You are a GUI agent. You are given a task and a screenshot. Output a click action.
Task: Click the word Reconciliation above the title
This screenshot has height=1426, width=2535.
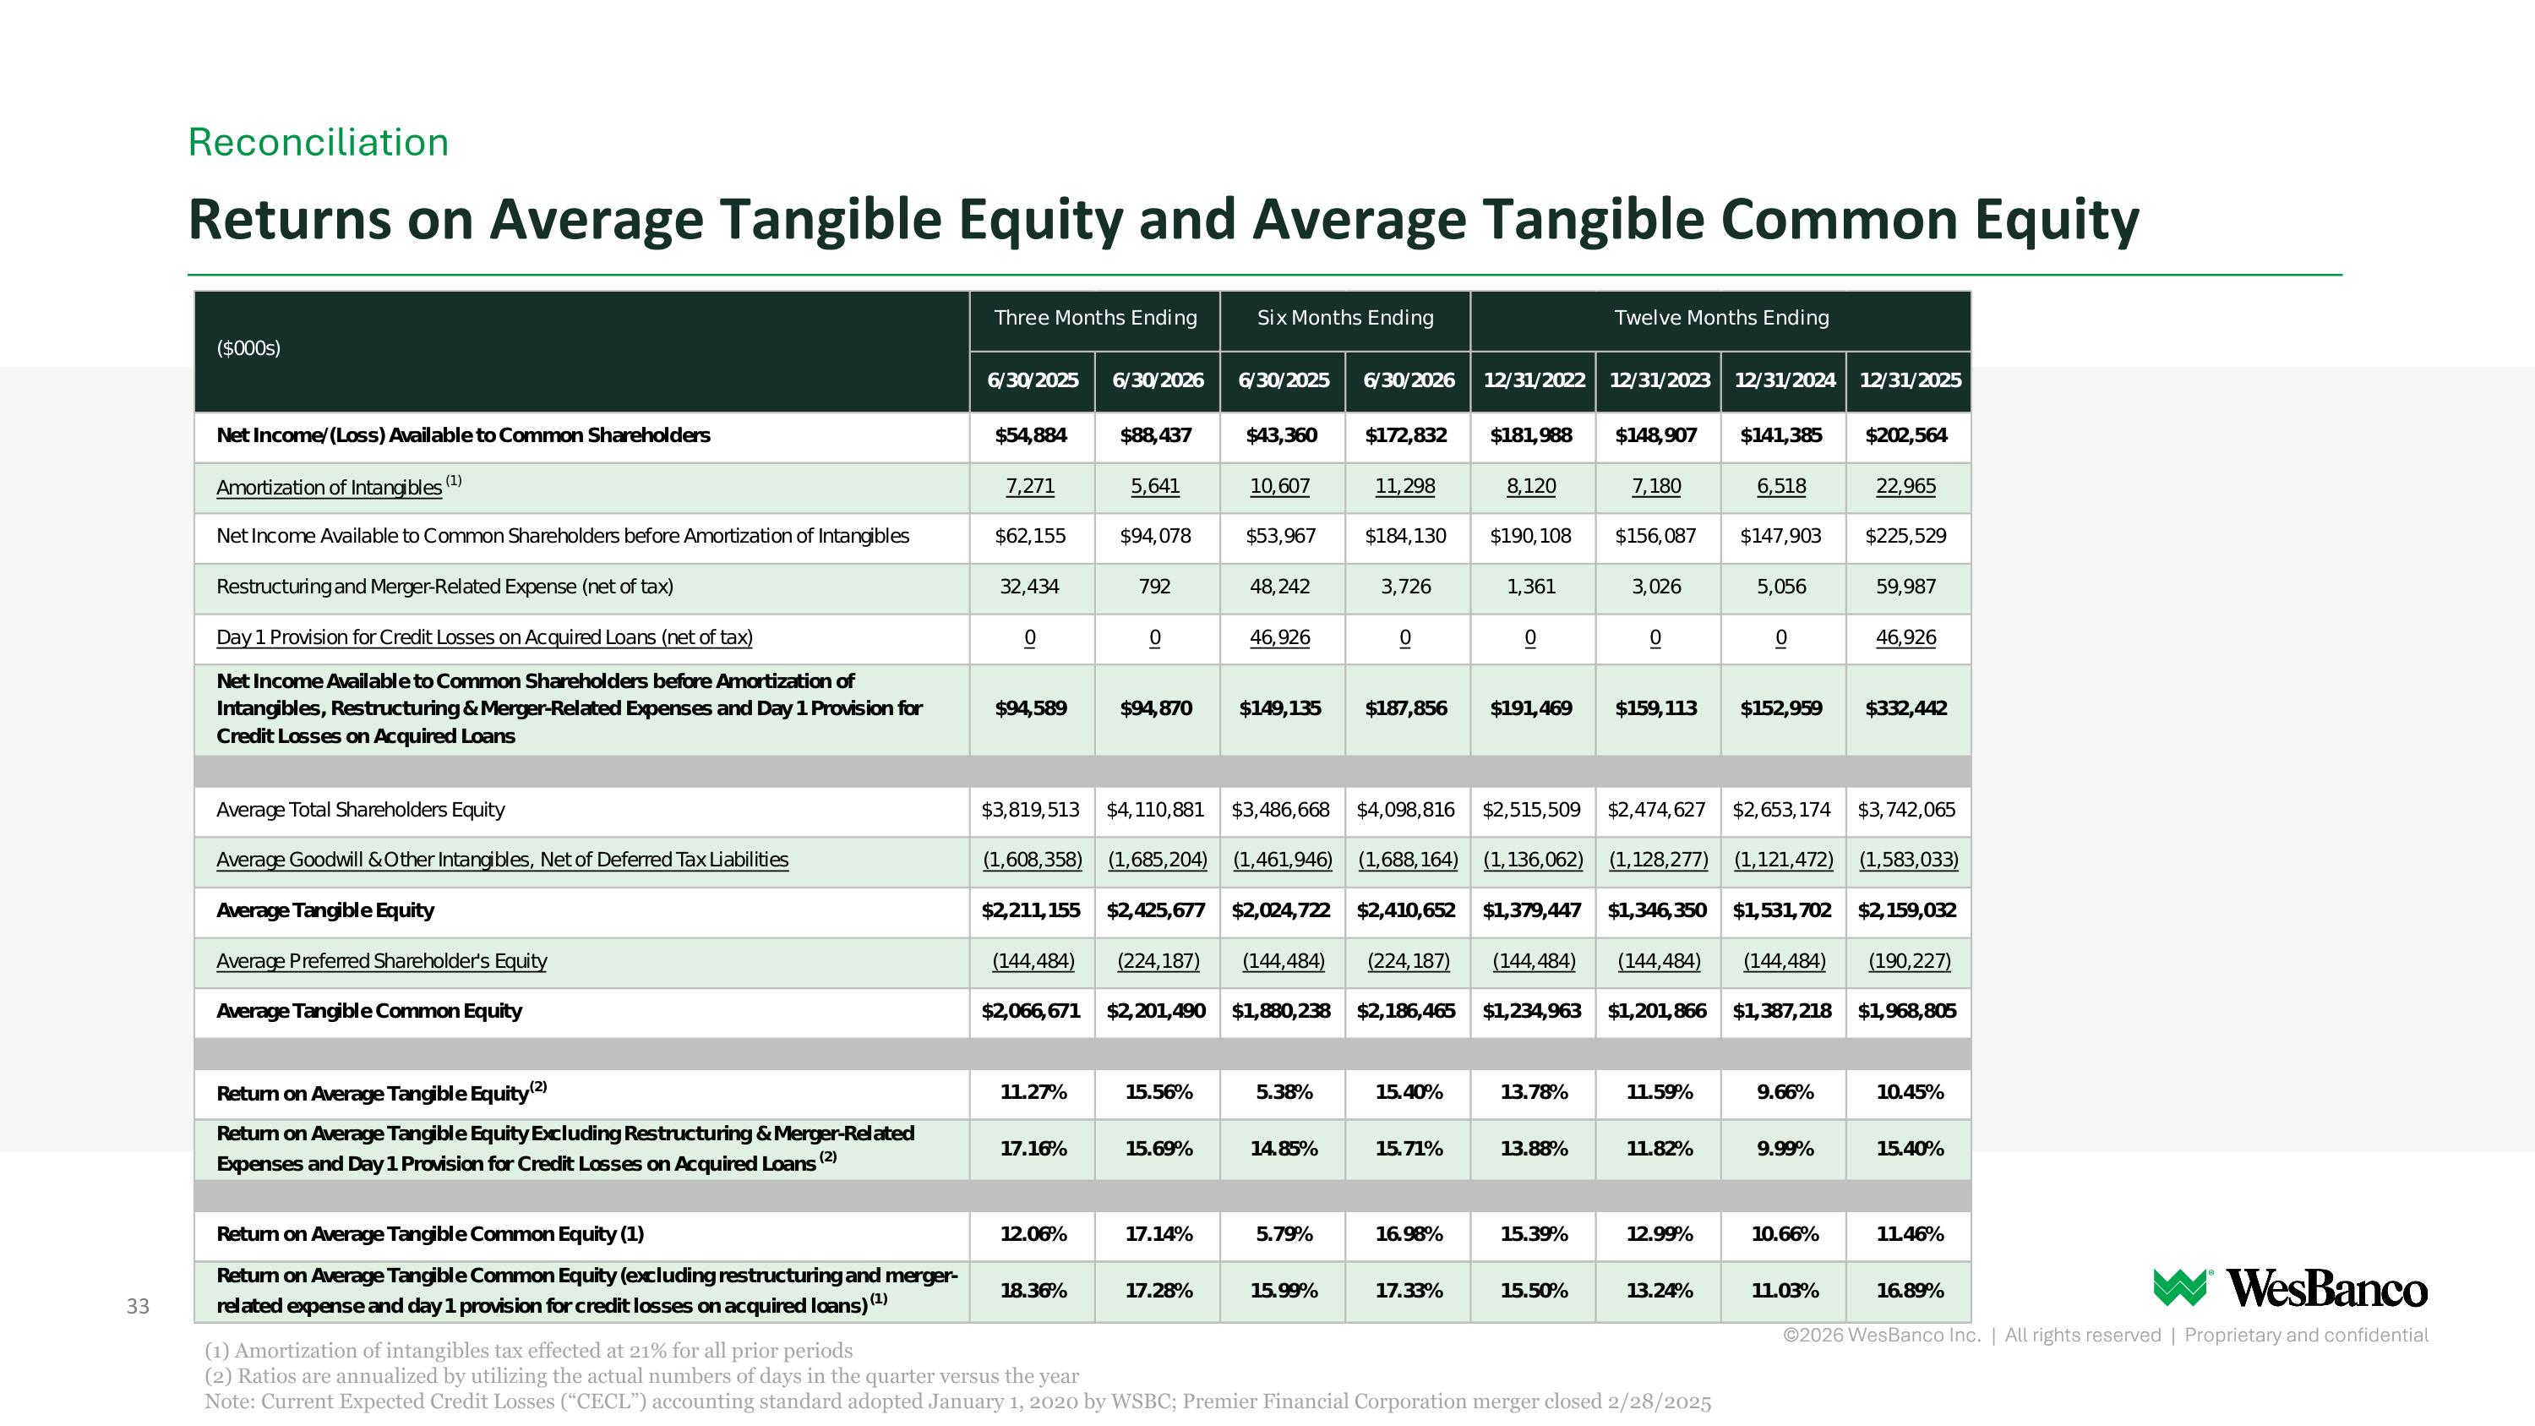(x=318, y=143)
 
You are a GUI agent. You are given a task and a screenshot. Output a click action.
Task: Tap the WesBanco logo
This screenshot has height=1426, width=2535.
(x=2290, y=1288)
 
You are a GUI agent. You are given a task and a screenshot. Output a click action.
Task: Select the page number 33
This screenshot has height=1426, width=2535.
(x=138, y=1307)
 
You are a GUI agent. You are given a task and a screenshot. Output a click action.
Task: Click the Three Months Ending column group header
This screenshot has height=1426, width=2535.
(x=1095, y=318)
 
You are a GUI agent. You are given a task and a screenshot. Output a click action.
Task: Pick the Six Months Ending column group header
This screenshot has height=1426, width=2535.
(x=1345, y=318)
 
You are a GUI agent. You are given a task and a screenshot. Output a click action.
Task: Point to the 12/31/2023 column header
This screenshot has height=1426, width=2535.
(x=1660, y=381)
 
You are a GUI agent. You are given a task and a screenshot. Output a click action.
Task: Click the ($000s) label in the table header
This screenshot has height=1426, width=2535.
(x=248, y=348)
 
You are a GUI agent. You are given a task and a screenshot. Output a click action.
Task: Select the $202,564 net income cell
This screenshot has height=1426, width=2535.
(x=1906, y=436)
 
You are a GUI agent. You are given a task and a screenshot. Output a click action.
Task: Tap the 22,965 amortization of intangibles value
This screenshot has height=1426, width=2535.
(x=1906, y=486)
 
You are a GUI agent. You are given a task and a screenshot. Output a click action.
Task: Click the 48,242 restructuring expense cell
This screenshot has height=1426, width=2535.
(x=1280, y=587)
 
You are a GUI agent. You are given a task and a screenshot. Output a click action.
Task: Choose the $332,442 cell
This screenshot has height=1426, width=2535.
(x=1906, y=708)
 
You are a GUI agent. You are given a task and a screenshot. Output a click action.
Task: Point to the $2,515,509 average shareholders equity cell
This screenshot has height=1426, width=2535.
(x=1531, y=810)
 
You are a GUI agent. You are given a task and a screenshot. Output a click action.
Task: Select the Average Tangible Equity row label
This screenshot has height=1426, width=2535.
(x=324, y=911)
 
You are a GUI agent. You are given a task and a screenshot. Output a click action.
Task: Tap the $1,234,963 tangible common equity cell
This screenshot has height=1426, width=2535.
(x=1531, y=1012)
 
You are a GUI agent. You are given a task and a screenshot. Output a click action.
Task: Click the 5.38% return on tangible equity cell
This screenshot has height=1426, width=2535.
(x=1284, y=1092)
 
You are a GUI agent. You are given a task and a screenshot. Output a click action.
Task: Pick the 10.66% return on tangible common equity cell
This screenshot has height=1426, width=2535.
(x=1784, y=1234)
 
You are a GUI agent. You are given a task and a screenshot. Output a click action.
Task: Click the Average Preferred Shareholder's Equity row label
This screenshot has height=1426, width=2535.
(x=382, y=961)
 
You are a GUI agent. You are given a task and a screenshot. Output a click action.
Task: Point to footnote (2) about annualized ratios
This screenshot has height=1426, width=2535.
(x=641, y=1376)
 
